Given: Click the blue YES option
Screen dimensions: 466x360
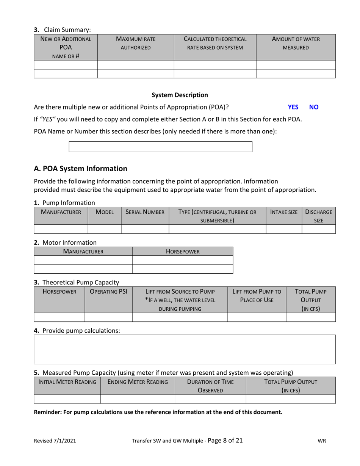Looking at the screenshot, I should (x=293, y=107).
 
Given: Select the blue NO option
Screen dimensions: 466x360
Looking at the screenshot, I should (x=314, y=107).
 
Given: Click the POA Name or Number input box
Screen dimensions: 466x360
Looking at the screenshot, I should (x=160, y=147).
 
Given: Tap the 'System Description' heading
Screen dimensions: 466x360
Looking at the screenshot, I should (x=180, y=95).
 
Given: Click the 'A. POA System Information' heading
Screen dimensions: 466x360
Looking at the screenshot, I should (x=80, y=169).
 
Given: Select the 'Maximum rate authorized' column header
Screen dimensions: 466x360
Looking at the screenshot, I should (x=136, y=43).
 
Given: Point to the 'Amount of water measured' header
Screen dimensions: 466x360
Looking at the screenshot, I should (x=296, y=43).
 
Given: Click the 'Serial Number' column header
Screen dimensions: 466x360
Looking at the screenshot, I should (x=145, y=212).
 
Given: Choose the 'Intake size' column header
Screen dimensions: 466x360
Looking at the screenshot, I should (x=283, y=212).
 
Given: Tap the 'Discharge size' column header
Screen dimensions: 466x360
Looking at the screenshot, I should (x=318, y=216).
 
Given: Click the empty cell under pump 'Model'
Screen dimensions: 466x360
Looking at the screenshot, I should (x=104, y=229).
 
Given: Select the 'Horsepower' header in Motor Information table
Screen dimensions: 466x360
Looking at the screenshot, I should (x=183, y=251).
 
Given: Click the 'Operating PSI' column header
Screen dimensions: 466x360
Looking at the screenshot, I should (x=108, y=292).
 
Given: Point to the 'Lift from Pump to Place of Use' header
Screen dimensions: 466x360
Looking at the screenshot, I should (x=257, y=296).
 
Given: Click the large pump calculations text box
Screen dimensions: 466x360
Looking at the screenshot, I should (x=185, y=349).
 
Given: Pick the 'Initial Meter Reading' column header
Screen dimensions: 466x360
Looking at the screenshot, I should (x=67, y=382).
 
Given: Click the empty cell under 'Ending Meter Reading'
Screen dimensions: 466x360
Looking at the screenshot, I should (x=137, y=399).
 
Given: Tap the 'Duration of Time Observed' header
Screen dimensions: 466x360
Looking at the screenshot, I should (x=210, y=386).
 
